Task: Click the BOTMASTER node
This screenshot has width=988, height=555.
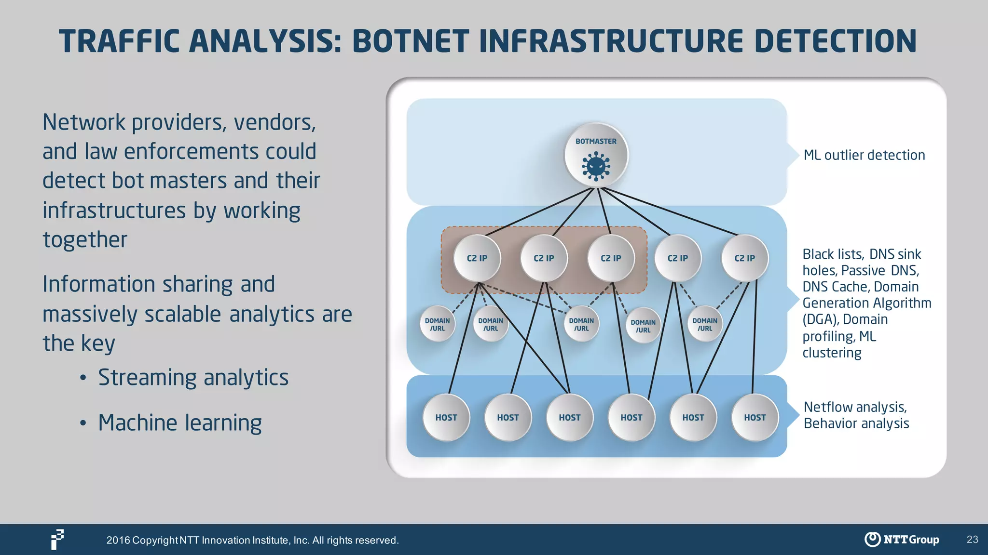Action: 596,154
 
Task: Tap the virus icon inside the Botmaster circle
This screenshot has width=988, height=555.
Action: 596,166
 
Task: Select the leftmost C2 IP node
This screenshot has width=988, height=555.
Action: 477,258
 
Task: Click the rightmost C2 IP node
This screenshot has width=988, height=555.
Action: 744,258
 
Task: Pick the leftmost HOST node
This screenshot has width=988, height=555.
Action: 446,418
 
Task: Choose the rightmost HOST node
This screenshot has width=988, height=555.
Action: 755,418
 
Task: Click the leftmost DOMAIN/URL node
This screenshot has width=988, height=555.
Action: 437,324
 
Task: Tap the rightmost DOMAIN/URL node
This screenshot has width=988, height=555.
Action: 704,324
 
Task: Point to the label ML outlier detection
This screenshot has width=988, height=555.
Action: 864,155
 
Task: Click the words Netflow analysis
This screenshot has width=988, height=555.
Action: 855,407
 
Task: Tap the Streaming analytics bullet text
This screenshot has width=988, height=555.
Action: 193,377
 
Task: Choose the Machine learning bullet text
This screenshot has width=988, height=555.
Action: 180,423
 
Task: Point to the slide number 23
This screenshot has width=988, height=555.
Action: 972,540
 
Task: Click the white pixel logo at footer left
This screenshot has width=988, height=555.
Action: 57,539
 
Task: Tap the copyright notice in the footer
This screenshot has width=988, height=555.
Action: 252,540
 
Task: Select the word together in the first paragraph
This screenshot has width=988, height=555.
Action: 85,239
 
